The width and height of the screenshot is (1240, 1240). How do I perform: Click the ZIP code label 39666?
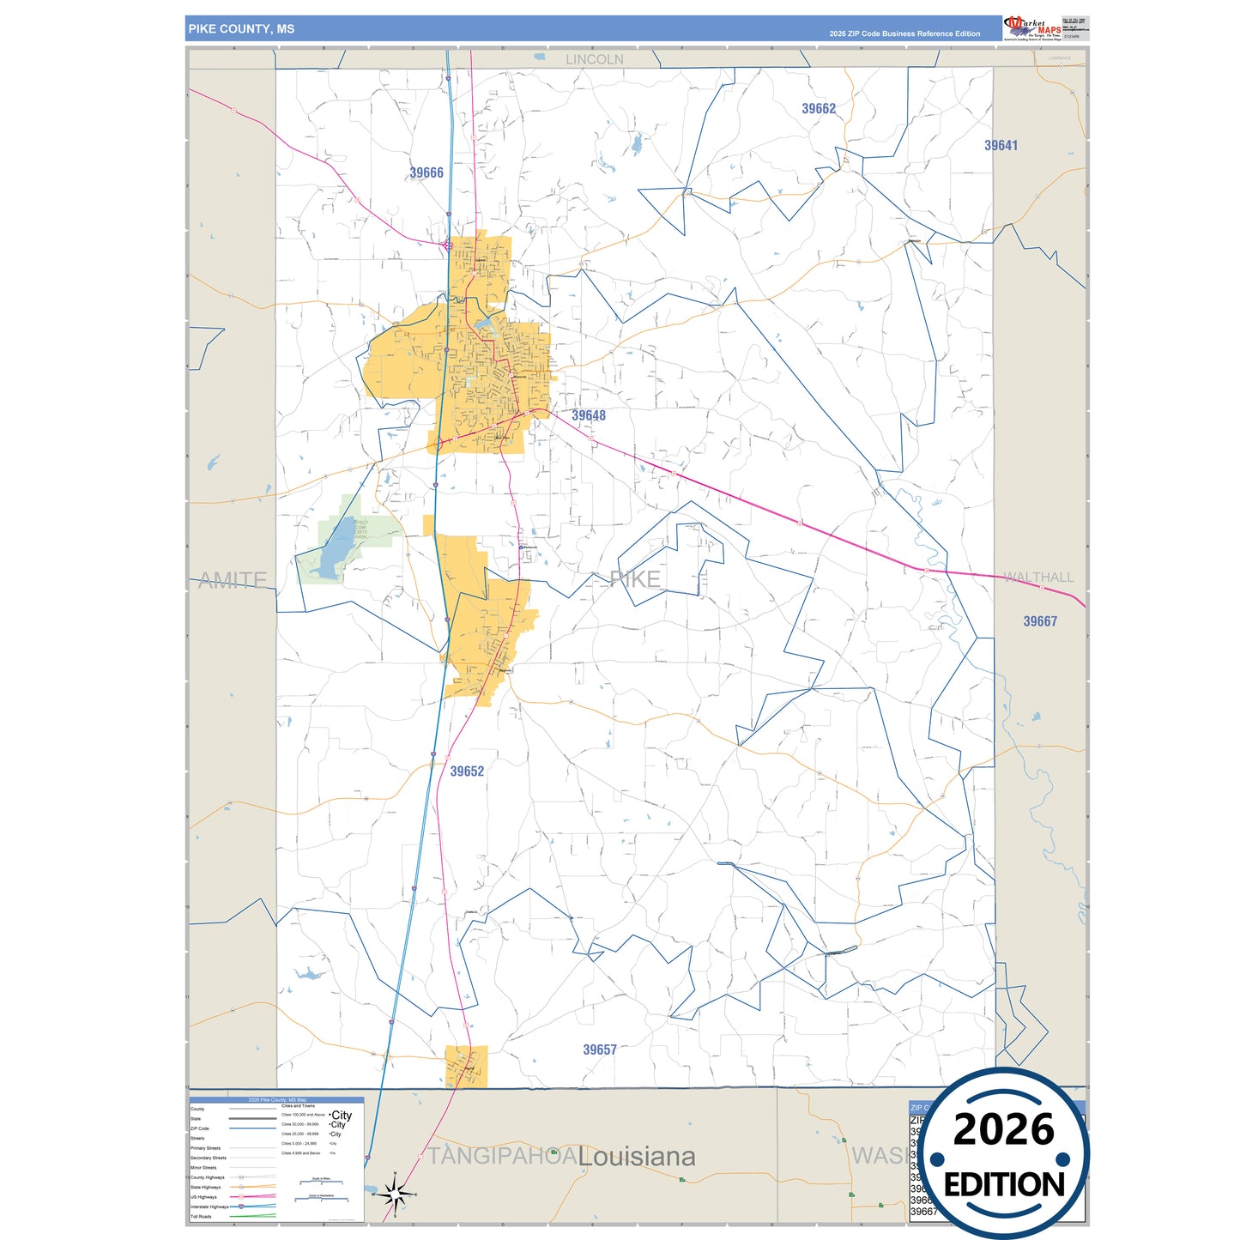pos(426,173)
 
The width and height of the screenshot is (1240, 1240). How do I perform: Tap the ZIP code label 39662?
pos(819,109)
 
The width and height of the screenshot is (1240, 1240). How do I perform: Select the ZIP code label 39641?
pos(1001,146)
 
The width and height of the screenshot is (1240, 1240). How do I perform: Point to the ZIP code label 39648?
pos(589,416)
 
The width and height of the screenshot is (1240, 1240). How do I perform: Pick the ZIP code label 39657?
pos(600,1050)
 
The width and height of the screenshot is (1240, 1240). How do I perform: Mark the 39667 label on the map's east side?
pos(1040,622)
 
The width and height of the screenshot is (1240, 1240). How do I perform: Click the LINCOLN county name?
pos(595,60)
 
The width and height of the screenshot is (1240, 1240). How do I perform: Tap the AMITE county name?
pos(233,581)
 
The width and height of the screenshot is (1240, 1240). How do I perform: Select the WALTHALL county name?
pos(1038,578)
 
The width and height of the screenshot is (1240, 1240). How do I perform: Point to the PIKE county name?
pos(635,579)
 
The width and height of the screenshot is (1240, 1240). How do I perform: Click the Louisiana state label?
pos(637,1157)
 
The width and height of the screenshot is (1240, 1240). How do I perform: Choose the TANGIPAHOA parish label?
pos(503,1157)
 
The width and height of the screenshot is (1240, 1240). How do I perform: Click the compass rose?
pos(395,1194)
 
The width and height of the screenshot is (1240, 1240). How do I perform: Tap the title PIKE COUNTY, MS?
pos(241,29)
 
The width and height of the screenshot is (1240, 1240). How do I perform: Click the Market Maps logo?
pos(1032,28)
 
